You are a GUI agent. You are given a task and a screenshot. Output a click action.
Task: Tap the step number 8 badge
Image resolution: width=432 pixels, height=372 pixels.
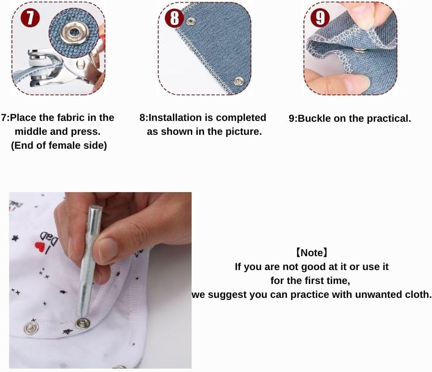point(174,18)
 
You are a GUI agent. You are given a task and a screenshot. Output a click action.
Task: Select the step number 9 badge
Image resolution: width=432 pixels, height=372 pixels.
point(320,18)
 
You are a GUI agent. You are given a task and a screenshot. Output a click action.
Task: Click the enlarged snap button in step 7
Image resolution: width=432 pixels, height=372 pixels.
point(74,33)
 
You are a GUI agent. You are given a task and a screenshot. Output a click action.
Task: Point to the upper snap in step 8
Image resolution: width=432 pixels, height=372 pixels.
point(191,21)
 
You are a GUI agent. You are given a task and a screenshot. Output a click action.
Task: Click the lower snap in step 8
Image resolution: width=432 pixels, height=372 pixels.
point(239,81)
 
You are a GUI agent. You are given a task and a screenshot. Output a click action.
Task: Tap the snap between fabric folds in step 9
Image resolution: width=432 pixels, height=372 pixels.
point(358,50)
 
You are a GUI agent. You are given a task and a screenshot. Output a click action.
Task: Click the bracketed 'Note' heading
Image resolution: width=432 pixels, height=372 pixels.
point(311,252)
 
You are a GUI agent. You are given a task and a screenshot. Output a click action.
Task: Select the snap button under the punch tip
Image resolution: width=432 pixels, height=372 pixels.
point(83,323)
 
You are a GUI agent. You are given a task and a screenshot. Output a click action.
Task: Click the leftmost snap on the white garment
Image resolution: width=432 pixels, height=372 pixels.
point(31,328)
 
